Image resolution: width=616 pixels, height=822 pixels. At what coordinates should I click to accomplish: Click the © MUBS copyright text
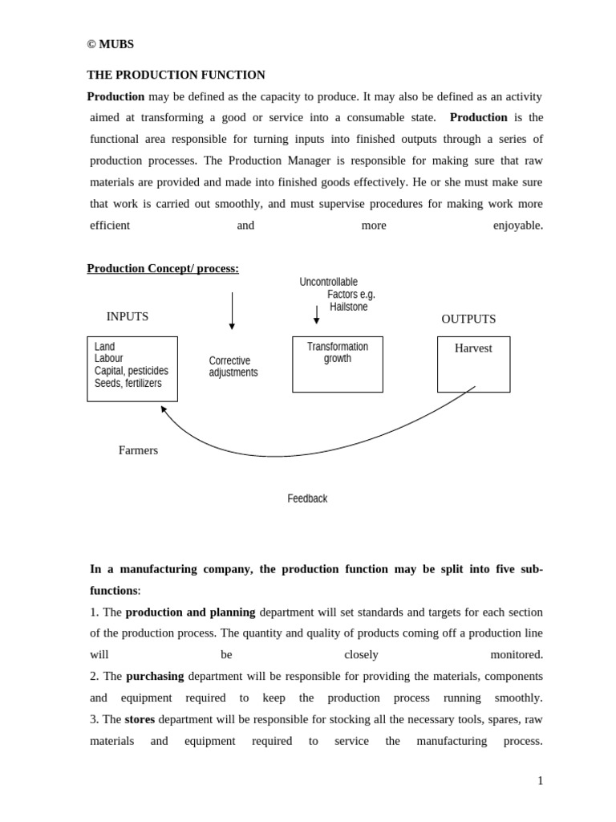[110, 44]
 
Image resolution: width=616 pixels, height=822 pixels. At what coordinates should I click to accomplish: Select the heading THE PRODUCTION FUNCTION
[176, 75]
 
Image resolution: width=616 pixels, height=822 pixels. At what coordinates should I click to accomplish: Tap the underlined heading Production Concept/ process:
[163, 268]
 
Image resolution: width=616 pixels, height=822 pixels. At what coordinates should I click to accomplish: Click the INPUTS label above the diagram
[127, 316]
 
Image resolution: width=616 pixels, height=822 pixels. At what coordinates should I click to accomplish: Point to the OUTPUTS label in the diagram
[468, 319]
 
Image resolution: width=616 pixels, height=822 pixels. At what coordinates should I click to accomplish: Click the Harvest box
[473, 364]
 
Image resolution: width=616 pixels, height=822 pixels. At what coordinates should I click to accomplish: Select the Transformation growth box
[337, 364]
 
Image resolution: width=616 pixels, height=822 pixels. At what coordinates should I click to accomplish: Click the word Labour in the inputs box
[108, 359]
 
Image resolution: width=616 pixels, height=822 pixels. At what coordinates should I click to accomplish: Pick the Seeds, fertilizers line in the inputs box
[128, 383]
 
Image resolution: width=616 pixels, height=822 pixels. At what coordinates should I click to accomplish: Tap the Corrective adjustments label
[233, 367]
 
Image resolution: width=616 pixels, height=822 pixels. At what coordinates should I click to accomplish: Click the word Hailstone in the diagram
[349, 307]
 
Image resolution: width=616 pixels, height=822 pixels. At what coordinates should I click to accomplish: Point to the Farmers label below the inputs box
[138, 450]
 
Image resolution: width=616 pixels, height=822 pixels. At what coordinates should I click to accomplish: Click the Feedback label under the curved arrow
[307, 498]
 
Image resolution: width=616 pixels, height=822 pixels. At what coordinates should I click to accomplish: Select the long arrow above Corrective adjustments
[232, 310]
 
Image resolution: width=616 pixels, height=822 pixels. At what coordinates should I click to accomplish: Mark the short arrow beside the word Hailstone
[316, 314]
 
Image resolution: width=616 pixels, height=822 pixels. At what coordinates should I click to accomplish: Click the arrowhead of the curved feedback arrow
[163, 409]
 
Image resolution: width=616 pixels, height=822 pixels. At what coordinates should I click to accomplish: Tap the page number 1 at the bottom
[540, 780]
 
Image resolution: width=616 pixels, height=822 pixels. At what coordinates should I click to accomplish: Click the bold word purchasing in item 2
[155, 676]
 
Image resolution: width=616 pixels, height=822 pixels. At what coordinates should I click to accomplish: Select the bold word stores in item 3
[140, 719]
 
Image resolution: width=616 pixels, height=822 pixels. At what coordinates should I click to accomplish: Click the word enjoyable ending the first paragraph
[517, 226]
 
